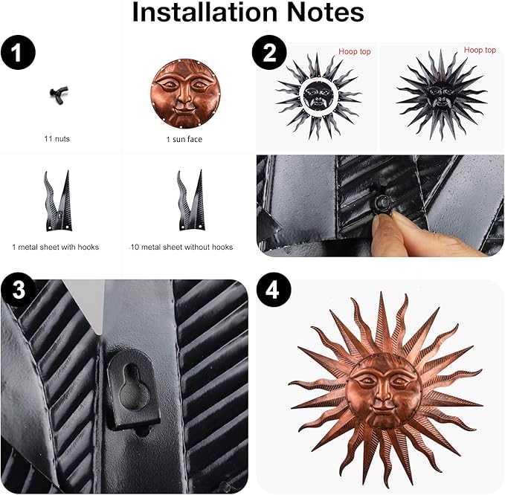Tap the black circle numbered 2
pos(269,54)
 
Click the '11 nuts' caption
pos(57,138)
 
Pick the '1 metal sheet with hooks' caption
pos(56,247)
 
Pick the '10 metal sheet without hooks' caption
pos(181,247)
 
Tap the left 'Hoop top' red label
pos(354,51)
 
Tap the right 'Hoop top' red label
pos(480,50)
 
